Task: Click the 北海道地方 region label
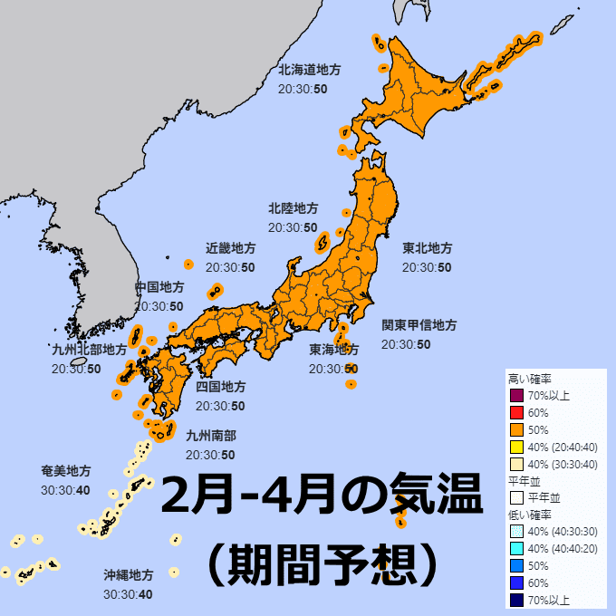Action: point(310,69)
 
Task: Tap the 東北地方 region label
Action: point(428,248)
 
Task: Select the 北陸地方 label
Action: point(293,208)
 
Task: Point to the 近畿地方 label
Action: point(230,248)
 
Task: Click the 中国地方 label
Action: point(159,287)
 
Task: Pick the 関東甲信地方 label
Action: point(419,325)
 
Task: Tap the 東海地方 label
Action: point(333,350)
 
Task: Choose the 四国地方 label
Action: point(220,387)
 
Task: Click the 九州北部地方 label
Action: point(89,350)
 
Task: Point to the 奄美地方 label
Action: point(66,471)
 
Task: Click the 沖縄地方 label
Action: point(128,575)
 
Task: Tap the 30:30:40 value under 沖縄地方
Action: point(128,595)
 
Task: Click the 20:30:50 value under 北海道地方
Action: point(303,89)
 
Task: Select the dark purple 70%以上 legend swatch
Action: point(517,395)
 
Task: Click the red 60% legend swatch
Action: point(517,412)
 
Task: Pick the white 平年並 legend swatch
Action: point(517,497)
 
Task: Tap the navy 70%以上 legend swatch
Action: point(517,599)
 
